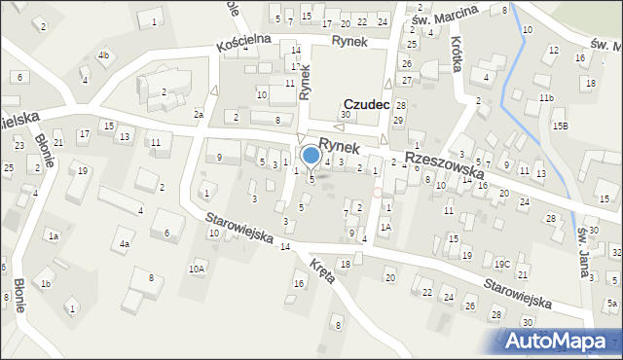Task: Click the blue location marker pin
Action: point(311,155)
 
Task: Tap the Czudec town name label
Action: point(366,103)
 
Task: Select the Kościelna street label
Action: point(242,46)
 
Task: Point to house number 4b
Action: point(103,55)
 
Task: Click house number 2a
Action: point(198,115)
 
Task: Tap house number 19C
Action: point(501,264)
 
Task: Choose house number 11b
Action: point(547,98)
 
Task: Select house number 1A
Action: point(385,227)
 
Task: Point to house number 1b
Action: point(45,284)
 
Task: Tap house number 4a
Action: point(125,244)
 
